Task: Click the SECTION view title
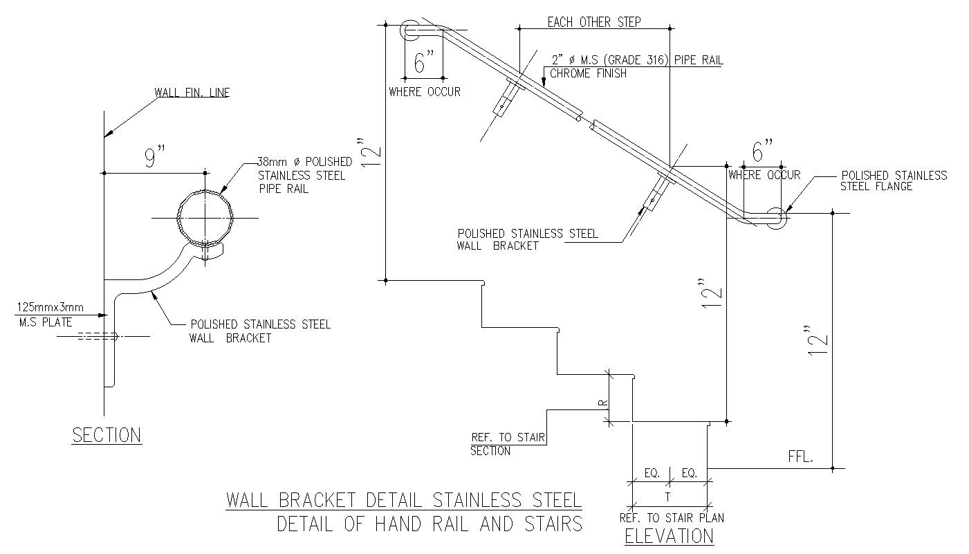(107, 435)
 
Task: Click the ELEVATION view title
(670, 536)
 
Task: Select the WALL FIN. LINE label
(192, 93)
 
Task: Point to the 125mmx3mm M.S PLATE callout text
(50, 315)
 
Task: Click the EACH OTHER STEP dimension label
(594, 22)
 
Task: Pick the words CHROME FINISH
(588, 73)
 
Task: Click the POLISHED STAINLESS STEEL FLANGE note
(894, 181)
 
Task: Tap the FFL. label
(800, 457)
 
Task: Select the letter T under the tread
(667, 498)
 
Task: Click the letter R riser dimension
(604, 403)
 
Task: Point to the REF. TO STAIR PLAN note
(672, 517)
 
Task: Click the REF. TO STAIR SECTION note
(508, 444)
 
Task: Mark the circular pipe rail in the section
(205, 218)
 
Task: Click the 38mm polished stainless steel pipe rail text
(305, 175)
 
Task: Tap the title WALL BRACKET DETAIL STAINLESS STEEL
(404, 500)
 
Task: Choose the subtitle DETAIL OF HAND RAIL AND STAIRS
(430, 524)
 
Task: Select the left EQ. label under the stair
(652, 473)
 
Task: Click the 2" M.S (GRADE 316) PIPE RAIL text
(637, 60)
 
